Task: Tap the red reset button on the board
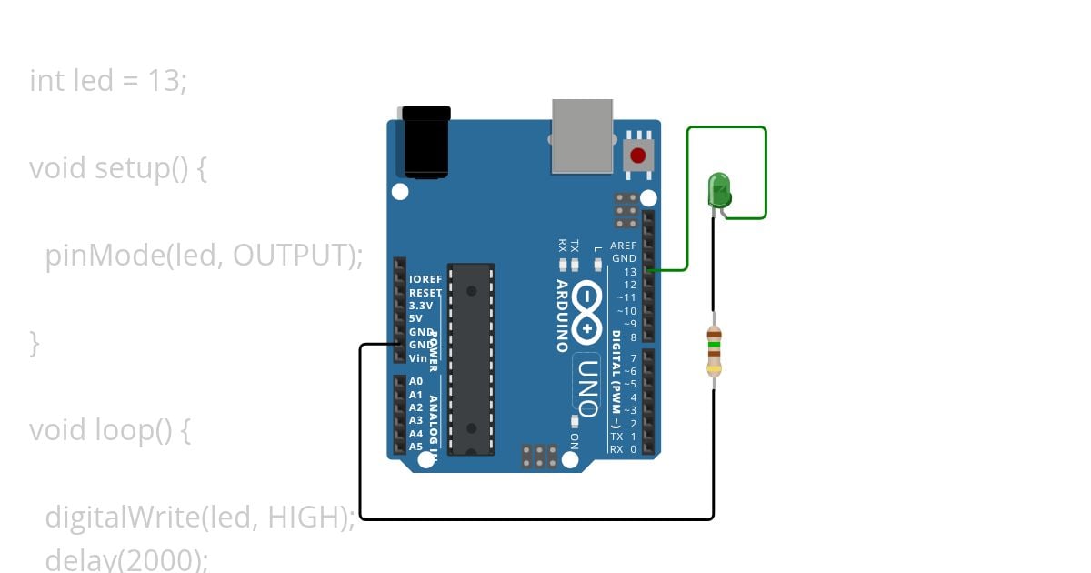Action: (x=639, y=154)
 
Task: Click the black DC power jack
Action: (x=426, y=142)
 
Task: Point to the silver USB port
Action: (x=582, y=136)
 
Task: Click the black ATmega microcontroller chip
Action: (x=471, y=358)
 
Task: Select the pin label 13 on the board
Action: (x=629, y=272)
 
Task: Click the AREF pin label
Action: (x=623, y=246)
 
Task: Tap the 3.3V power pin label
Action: (x=423, y=306)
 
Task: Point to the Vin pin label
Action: (x=418, y=358)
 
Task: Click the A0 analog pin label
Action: (x=415, y=382)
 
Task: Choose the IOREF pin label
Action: (x=425, y=279)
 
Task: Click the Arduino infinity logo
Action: (x=587, y=310)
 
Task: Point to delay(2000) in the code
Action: (x=126, y=559)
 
